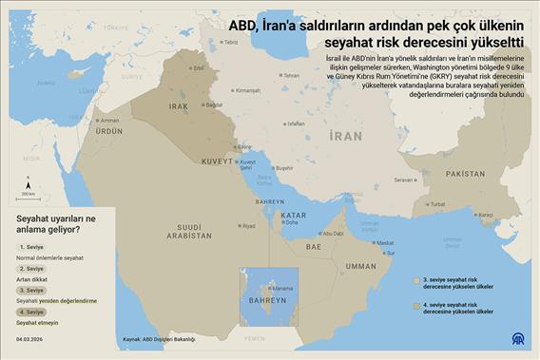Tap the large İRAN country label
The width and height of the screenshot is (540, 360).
click(343, 137)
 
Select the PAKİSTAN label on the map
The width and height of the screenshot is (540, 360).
click(465, 174)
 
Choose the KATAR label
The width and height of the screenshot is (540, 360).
click(294, 216)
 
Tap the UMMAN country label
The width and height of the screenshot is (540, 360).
click(361, 267)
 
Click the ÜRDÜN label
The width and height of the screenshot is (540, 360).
click(109, 131)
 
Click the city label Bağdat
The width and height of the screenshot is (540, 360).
click(214, 104)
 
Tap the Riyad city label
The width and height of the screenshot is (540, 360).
click(248, 226)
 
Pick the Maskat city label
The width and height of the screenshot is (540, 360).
click(386, 244)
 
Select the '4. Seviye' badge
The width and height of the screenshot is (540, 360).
click(31, 312)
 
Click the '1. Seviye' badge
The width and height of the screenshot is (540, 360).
click(31, 246)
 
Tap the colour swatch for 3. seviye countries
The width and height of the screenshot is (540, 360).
click(416, 282)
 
